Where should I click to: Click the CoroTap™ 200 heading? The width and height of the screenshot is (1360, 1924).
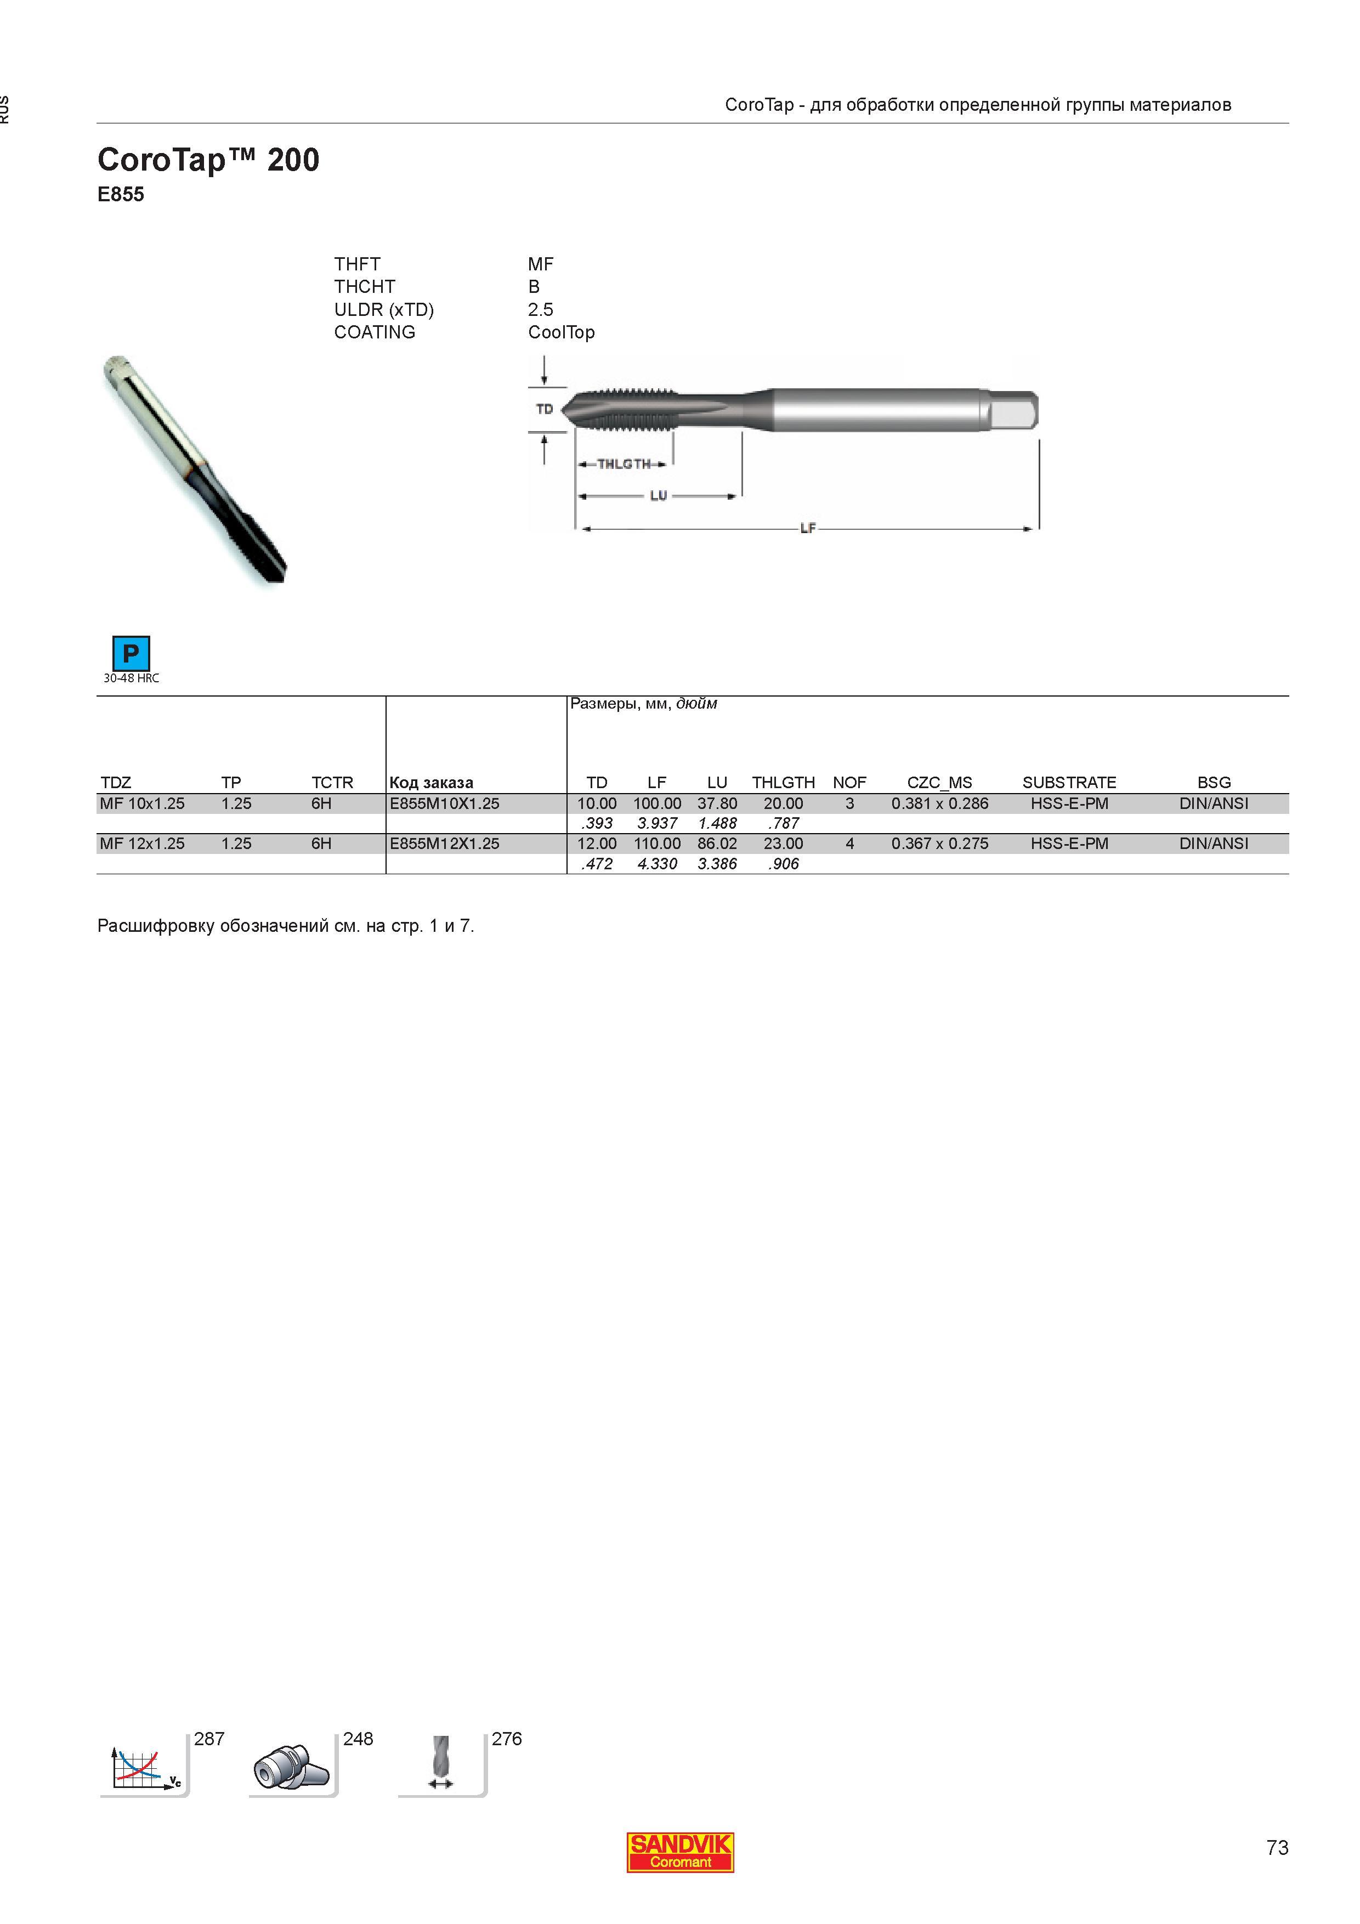tap(208, 160)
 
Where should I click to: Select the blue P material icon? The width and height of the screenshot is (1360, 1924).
tap(131, 654)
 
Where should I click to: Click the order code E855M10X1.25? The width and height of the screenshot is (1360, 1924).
tap(444, 803)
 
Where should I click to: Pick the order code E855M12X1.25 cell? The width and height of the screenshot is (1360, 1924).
tap(444, 844)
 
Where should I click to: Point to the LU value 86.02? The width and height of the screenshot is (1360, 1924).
tap(717, 844)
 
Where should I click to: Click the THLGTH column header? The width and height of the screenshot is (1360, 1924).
tap(784, 783)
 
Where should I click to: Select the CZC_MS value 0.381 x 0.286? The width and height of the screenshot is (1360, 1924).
tap(939, 803)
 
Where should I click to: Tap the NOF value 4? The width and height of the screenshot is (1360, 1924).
tap(849, 844)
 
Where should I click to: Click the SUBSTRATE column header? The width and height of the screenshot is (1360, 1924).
tap(1069, 783)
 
